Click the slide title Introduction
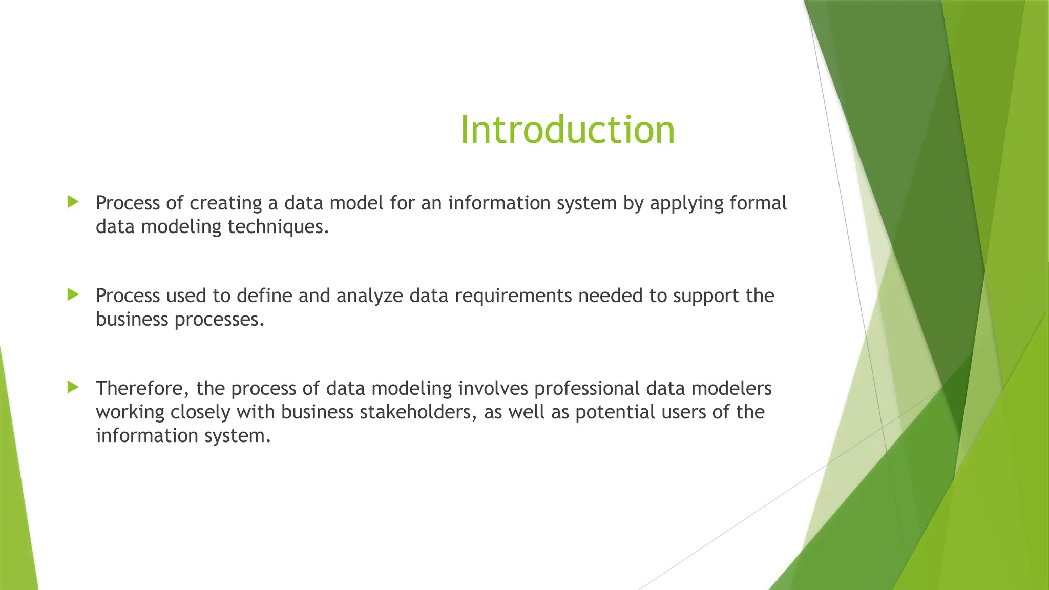[568, 130]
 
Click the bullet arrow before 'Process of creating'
[73, 202]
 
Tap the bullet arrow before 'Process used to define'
[73, 294]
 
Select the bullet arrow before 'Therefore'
[73, 387]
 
